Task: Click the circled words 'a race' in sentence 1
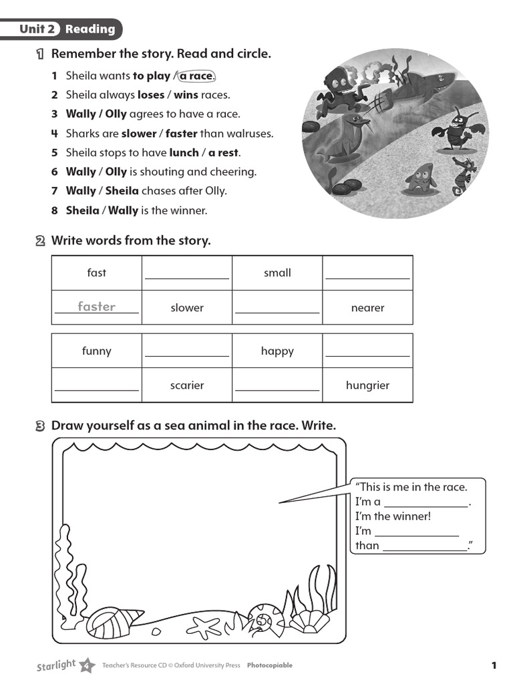(196, 76)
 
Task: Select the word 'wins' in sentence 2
(186, 95)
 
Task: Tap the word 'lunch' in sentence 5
(184, 152)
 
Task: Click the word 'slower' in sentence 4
(139, 134)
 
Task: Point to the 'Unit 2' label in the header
(37, 29)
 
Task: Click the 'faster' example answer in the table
(96, 307)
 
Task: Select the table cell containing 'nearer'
(367, 308)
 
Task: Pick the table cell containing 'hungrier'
(367, 385)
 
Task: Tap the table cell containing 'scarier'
(187, 385)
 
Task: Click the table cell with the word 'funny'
(97, 351)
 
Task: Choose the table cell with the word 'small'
(277, 273)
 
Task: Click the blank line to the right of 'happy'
(367, 355)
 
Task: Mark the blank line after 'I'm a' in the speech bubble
(426, 506)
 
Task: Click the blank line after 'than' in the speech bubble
(425, 550)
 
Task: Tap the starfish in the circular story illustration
(420, 178)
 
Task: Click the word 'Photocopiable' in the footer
(269, 665)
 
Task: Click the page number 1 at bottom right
(494, 665)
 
